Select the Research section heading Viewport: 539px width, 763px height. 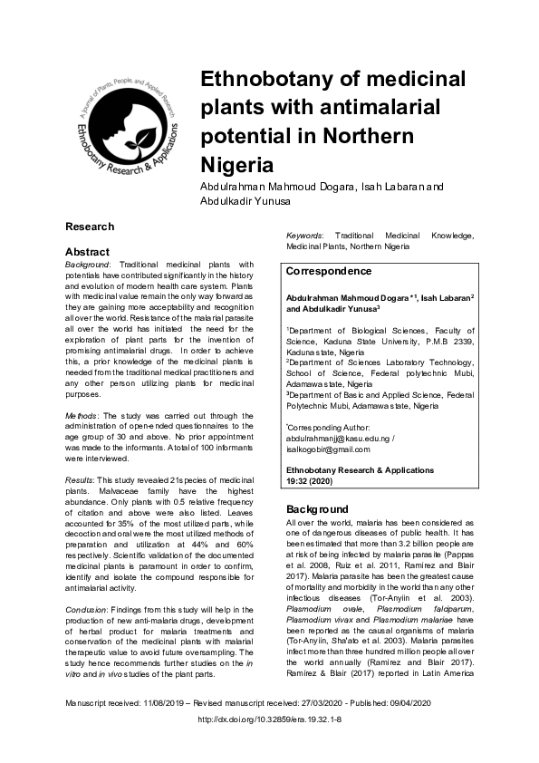pos(90,227)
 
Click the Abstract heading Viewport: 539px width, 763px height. pos(87,251)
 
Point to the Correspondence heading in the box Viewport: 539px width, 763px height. pos(329,271)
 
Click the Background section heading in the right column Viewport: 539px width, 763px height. pos(318,509)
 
